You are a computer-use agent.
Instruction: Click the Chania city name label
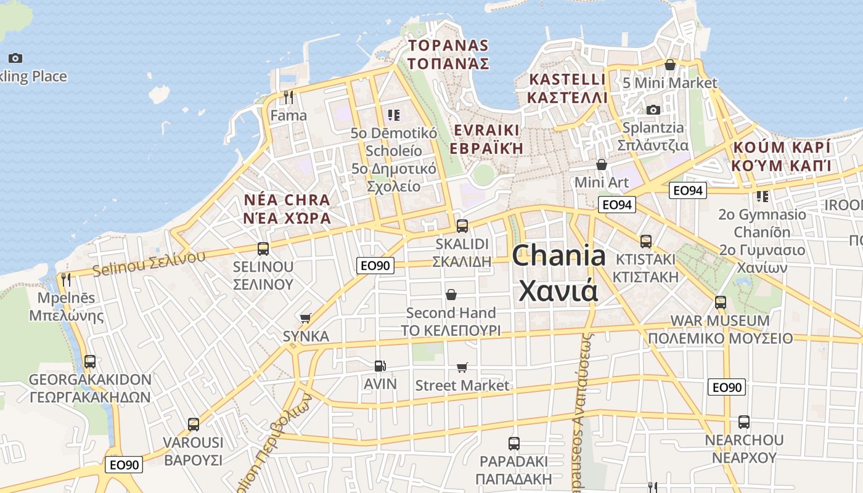(x=558, y=272)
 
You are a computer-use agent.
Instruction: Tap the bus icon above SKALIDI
(x=462, y=226)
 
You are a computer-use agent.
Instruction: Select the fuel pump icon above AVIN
(x=380, y=366)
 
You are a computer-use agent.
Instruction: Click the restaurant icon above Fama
(x=288, y=97)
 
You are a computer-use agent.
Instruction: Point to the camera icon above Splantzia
(x=653, y=110)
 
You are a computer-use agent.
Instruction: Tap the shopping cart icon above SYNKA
(x=305, y=319)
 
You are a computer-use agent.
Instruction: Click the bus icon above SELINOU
(x=263, y=249)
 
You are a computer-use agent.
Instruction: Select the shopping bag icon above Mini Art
(x=602, y=165)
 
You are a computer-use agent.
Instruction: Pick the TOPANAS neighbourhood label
(x=448, y=54)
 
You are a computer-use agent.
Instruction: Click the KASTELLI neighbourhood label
(x=568, y=88)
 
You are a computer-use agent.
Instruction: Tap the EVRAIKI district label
(x=486, y=139)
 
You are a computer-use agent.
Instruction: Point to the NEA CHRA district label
(x=287, y=209)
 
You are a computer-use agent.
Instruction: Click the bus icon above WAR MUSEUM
(x=720, y=303)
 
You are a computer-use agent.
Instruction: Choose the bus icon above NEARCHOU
(x=744, y=422)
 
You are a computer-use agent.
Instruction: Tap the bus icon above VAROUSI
(x=194, y=425)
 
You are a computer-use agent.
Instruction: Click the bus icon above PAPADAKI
(x=514, y=443)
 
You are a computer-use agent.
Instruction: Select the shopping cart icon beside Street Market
(x=462, y=368)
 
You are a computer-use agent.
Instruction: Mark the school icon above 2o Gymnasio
(x=763, y=197)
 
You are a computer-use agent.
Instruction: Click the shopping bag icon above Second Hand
(x=451, y=295)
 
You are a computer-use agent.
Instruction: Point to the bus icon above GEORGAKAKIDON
(x=90, y=362)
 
